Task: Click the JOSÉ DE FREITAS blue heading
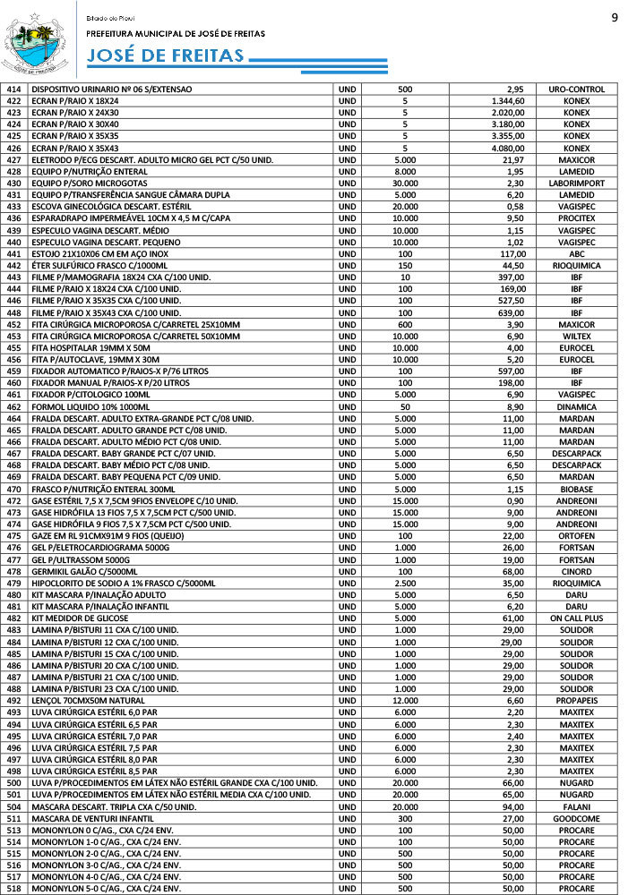coord(166,56)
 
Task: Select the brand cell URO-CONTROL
coord(576,89)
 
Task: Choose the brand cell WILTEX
coord(576,336)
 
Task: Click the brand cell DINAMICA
coord(576,406)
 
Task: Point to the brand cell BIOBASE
coord(576,489)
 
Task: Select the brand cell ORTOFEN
coord(576,535)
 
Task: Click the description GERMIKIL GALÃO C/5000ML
coord(85,571)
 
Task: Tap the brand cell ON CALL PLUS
coord(576,618)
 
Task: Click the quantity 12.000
coord(404,700)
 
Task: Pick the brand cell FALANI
coord(576,806)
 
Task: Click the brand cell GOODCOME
coord(576,818)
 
